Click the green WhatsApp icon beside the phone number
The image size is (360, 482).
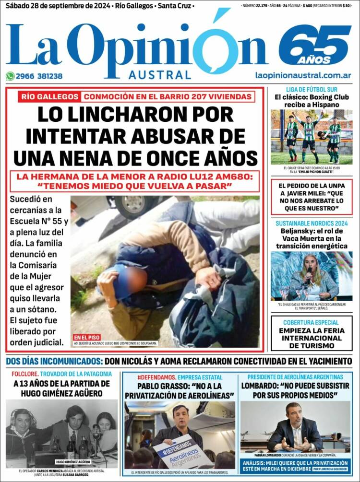(10, 76)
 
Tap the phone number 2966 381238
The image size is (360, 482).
(39, 76)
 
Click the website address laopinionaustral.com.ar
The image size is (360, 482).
(303, 75)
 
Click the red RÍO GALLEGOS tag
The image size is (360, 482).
(49, 96)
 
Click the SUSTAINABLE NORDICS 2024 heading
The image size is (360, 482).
(311, 223)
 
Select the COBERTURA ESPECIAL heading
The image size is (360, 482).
(311, 323)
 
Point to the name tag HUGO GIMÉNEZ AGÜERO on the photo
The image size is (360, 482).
(73, 462)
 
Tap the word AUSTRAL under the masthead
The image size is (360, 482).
(159, 75)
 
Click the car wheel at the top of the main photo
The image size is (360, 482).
(132, 206)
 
